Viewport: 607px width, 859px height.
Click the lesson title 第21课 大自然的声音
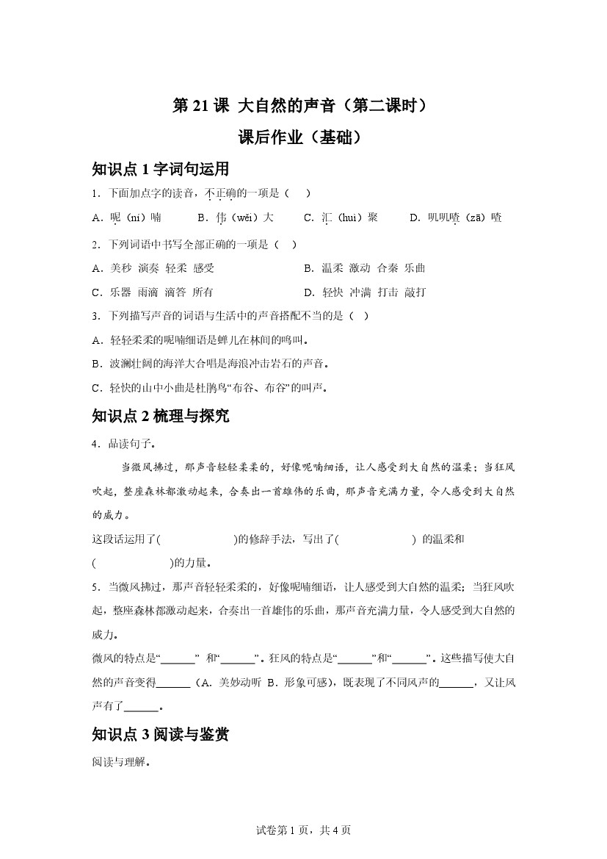click(x=299, y=106)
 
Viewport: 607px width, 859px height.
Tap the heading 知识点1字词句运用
click(x=161, y=170)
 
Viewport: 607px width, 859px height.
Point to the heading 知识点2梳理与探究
click(x=161, y=417)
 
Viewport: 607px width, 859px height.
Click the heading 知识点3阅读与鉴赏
click(x=161, y=734)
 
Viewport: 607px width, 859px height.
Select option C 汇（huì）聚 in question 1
click(x=341, y=218)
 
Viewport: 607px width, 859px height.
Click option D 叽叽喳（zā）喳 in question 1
click(x=455, y=218)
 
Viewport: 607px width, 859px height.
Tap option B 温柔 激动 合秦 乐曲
click(x=364, y=268)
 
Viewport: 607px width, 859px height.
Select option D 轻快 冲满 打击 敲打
click(x=364, y=292)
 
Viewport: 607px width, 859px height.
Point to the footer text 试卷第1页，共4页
click(x=303, y=830)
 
